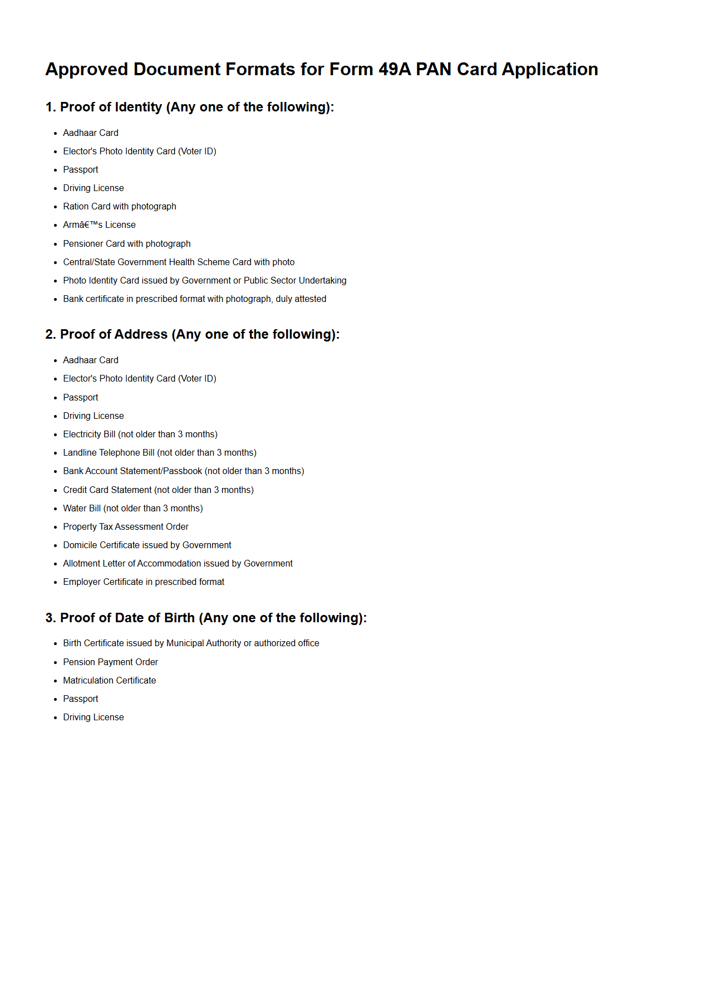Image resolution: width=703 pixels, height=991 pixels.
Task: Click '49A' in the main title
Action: click(x=394, y=69)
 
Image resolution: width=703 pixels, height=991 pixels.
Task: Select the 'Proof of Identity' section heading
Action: click(x=189, y=107)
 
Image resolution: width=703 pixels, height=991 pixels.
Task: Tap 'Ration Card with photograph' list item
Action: click(x=119, y=207)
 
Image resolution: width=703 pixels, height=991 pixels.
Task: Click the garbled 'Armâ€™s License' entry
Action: click(x=99, y=225)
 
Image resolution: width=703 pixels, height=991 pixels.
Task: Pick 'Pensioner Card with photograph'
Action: click(x=126, y=244)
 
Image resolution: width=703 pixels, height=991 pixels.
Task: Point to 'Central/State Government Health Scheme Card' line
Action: click(x=178, y=262)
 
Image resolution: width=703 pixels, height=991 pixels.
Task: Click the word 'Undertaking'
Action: click(x=323, y=281)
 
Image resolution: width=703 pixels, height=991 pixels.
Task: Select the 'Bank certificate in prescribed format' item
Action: click(x=194, y=299)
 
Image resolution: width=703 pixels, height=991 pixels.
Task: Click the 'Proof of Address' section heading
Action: click(x=192, y=334)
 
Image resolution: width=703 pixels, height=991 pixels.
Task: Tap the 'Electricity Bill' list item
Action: click(x=140, y=435)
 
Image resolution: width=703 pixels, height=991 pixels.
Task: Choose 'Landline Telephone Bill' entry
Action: click(x=159, y=453)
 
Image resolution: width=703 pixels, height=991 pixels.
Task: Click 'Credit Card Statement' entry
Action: click(x=158, y=490)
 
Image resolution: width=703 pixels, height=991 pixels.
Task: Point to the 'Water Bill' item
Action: click(x=132, y=509)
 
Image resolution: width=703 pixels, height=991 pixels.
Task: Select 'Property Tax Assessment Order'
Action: click(x=125, y=527)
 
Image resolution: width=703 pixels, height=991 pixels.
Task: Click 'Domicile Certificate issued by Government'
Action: click(x=147, y=545)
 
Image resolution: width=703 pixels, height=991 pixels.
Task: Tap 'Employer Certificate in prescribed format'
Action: click(x=144, y=582)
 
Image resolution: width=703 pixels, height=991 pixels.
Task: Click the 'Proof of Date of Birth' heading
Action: click(x=206, y=618)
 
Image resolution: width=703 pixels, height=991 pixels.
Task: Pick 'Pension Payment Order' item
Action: click(x=110, y=662)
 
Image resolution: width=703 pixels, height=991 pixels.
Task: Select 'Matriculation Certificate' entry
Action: click(x=109, y=681)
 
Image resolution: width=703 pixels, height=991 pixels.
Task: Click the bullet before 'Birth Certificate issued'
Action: click(x=56, y=644)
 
